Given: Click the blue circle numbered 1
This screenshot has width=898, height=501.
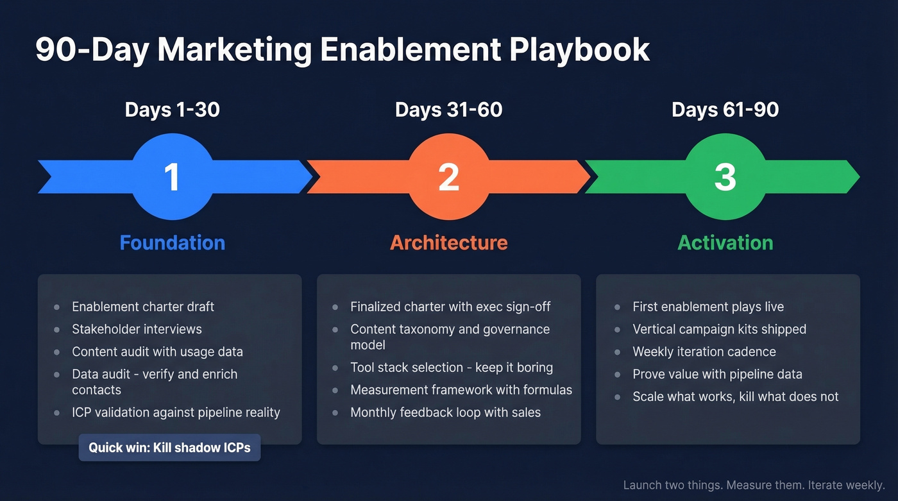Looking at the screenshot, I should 172,176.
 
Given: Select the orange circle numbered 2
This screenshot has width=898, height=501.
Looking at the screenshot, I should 448,176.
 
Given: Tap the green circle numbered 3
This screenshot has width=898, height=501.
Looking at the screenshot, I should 725,176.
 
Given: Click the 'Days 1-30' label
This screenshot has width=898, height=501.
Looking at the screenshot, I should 172,110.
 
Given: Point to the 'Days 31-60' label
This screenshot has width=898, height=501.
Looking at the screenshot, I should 448,110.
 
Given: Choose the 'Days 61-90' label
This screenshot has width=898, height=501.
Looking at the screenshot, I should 725,110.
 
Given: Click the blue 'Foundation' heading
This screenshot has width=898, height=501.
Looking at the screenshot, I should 172,242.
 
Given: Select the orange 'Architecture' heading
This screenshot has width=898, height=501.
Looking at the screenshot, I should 448,242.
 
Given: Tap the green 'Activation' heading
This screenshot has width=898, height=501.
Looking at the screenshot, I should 725,242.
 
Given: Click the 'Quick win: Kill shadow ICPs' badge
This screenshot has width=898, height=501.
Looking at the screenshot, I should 169,448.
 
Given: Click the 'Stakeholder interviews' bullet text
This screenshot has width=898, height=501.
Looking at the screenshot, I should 137,329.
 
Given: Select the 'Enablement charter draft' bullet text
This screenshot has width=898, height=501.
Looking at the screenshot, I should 143,307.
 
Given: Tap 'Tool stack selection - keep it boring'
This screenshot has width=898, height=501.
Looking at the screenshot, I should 451,368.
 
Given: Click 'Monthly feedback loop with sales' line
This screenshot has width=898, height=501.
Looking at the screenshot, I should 445,412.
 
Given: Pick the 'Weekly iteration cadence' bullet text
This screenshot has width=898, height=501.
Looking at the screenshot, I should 704,352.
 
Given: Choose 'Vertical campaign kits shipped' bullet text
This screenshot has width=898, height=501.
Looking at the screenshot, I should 719,329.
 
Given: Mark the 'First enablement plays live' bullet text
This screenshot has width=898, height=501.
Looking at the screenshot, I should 708,307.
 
